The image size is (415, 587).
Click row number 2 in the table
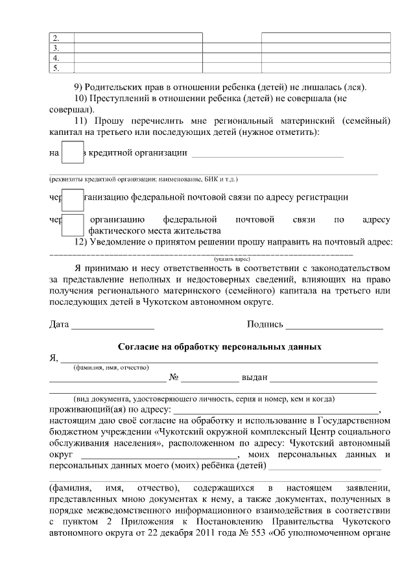pyautogui.click(x=56, y=38)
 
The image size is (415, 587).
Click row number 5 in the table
pyautogui.click(x=56, y=67)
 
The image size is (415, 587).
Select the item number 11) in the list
pyautogui.click(x=81, y=121)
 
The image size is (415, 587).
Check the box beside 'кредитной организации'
pyautogui.click(x=72, y=152)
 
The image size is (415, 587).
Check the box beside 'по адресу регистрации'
pyautogui.click(x=72, y=197)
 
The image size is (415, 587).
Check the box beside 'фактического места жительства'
pyautogui.click(x=73, y=224)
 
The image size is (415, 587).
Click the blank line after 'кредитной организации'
pyautogui.click(x=268, y=156)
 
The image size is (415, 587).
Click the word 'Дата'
pyautogui.click(x=59, y=324)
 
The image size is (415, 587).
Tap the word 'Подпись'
pyautogui.click(x=265, y=324)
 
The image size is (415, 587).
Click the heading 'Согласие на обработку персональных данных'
pyautogui.click(x=220, y=346)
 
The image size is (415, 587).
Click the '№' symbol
pyautogui.click(x=174, y=377)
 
